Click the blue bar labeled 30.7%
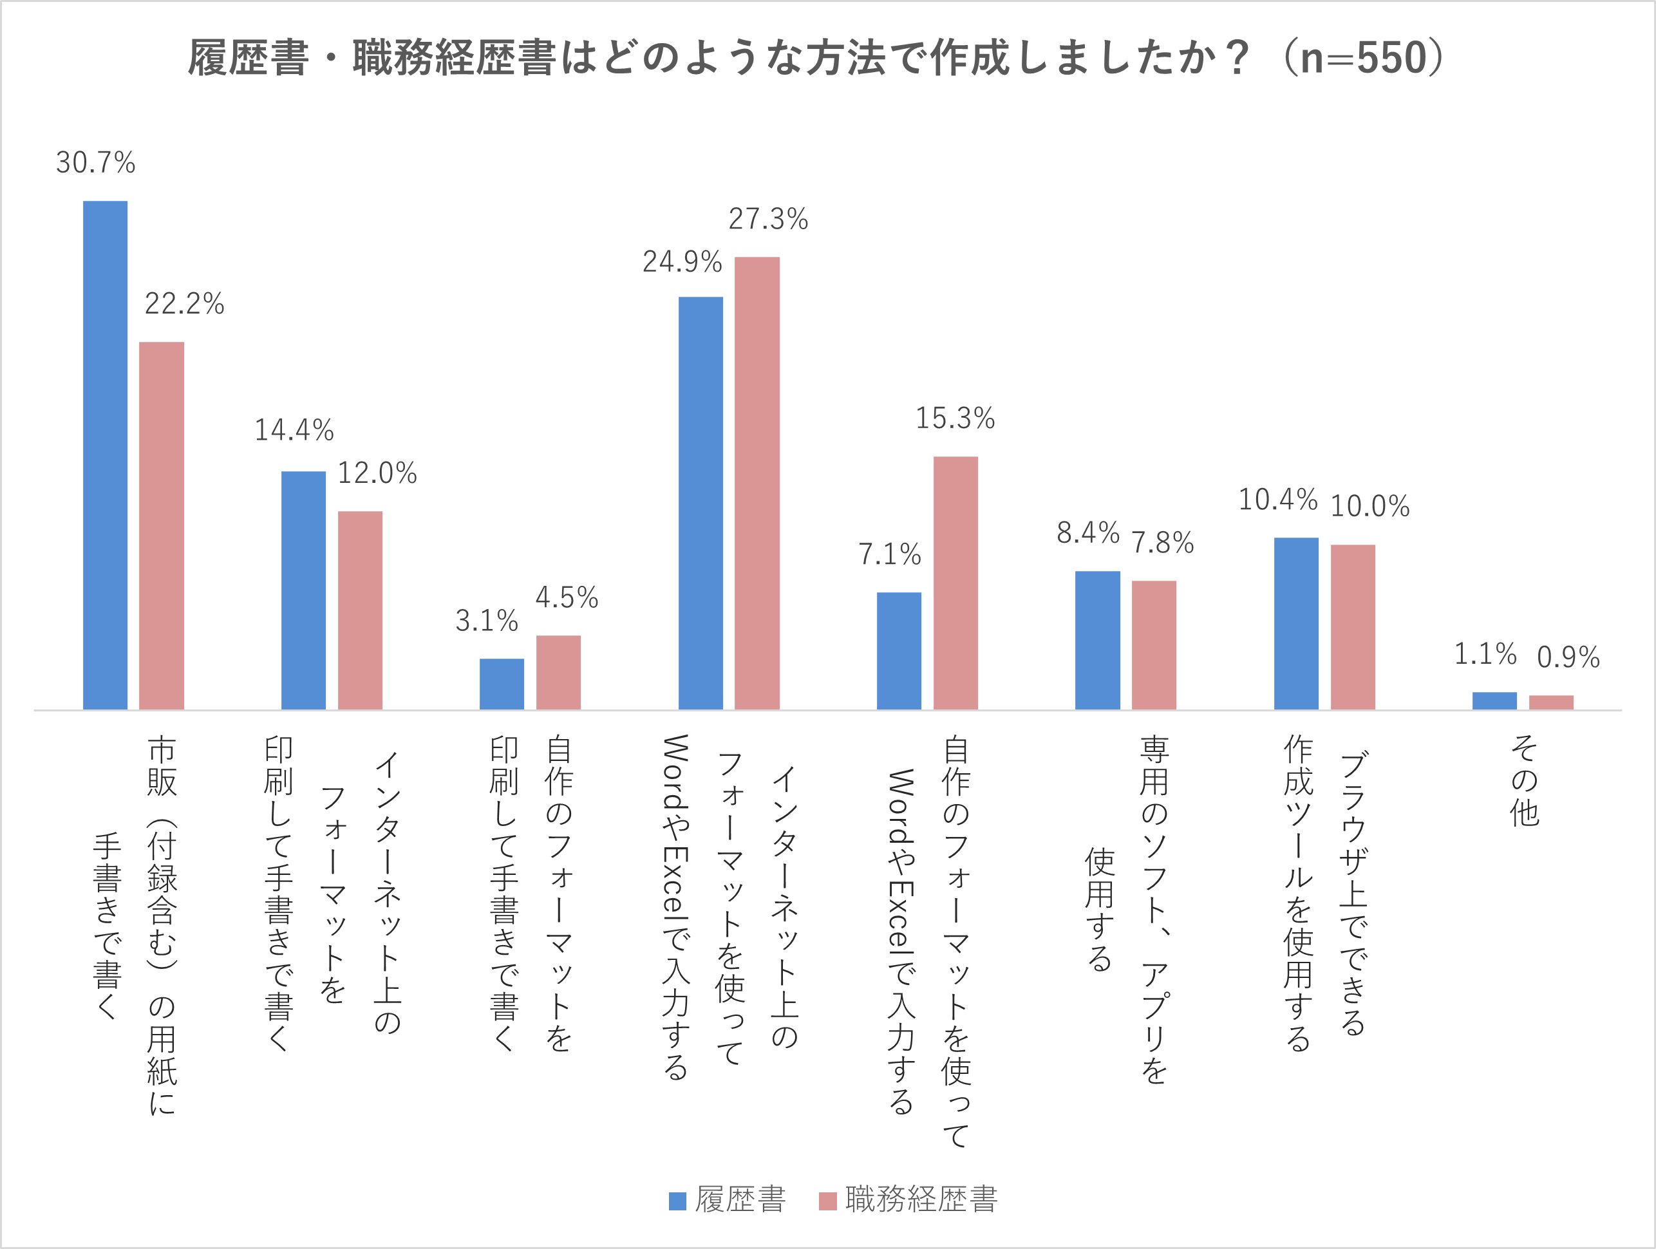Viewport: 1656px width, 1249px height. [x=105, y=455]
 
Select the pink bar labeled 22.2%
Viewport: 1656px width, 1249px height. [x=161, y=525]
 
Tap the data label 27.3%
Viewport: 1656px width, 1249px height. [x=768, y=220]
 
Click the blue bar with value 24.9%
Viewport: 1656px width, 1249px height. [x=701, y=503]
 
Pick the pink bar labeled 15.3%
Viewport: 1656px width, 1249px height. [x=955, y=583]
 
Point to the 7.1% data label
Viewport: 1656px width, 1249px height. [x=889, y=555]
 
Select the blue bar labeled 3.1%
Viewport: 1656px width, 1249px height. [x=502, y=684]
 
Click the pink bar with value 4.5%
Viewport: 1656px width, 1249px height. [x=558, y=672]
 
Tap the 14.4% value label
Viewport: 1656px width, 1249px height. [x=294, y=431]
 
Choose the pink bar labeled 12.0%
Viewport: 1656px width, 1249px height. [x=360, y=610]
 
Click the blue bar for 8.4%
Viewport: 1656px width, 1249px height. [x=1098, y=640]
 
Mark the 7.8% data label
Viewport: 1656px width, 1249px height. [x=1162, y=543]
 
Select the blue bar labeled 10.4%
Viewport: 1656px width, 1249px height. [x=1296, y=623]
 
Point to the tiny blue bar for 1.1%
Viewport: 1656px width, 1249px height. [x=1494, y=701]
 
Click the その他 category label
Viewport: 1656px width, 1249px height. [x=1524, y=780]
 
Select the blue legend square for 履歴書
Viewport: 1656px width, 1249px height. [x=677, y=1201]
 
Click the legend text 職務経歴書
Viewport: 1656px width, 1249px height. [x=921, y=1199]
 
